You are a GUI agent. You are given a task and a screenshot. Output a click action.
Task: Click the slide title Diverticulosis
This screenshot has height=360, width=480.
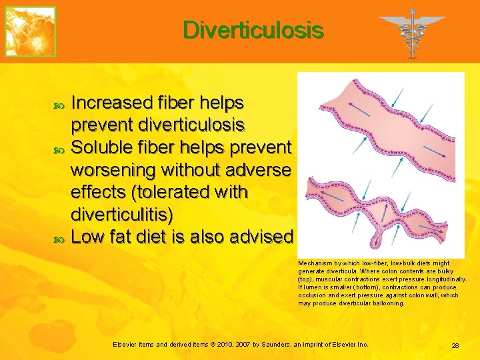click(253, 31)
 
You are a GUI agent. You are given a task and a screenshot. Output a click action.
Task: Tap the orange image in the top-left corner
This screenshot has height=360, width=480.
click(30, 31)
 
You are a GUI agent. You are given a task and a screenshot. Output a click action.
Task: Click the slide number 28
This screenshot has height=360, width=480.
click(455, 345)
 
